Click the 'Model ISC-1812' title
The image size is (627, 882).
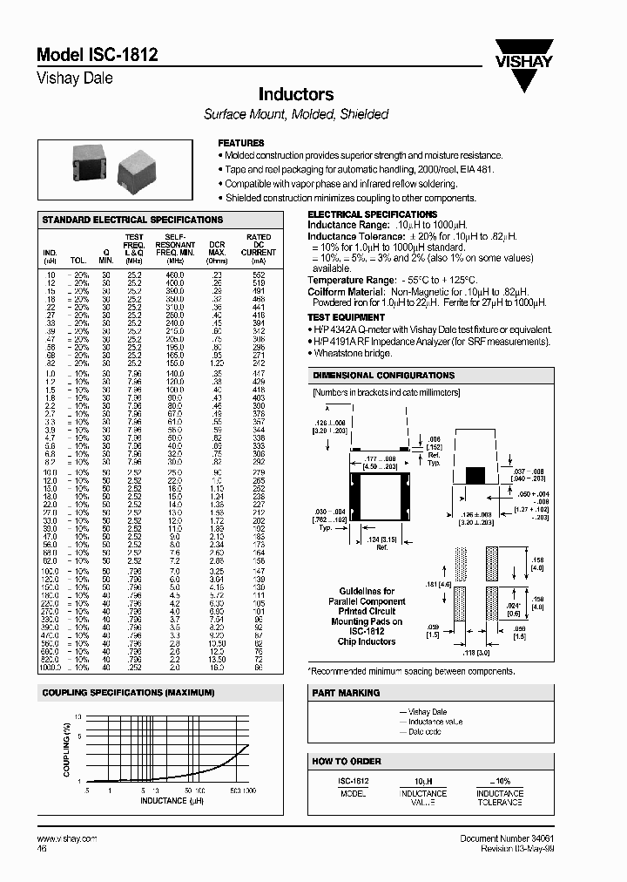(97, 55)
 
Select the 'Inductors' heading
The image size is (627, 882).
(296, 94)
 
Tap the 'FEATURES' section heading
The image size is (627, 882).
(241, 143)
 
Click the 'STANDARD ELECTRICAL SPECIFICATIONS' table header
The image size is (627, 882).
(132, 220)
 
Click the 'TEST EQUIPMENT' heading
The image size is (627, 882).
(347, 317)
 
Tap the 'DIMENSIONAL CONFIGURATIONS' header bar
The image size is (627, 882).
(383, 376)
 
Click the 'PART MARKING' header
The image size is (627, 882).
(347, 693)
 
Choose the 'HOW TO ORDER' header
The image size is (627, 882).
(347, 761)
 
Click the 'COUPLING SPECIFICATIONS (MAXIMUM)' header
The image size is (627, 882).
(129, 693)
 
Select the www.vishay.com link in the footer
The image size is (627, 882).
(67, 838)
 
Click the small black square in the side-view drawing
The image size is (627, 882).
(475, 475)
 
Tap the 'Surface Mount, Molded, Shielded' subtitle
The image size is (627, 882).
(296, 114)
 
